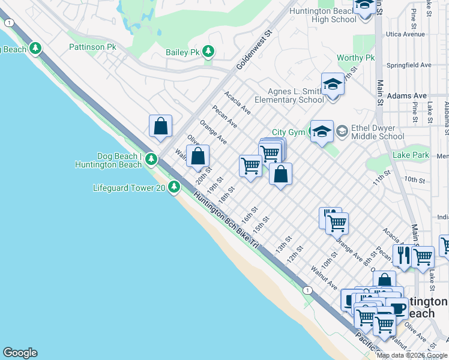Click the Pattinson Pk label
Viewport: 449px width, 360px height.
[x=92, y=46]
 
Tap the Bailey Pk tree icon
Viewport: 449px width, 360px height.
[x=208, y=52]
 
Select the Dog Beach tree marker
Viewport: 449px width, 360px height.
[x=151, y=159]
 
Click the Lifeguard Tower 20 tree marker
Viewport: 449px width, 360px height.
[x=174, y=188]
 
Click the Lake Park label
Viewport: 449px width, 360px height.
[x=411, y=155]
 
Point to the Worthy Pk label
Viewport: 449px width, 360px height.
[x=355, y=58]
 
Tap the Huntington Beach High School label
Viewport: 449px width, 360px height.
[x=322, y=15]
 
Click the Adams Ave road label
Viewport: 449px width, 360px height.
[x=407, y=95]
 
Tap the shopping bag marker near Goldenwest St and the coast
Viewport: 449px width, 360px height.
[x=160, y=126]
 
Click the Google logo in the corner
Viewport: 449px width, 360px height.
[x=20, y=353]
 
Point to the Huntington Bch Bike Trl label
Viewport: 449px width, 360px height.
[x=226, y=221]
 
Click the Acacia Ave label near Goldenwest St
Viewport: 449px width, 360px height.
[x=238, y=103]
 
